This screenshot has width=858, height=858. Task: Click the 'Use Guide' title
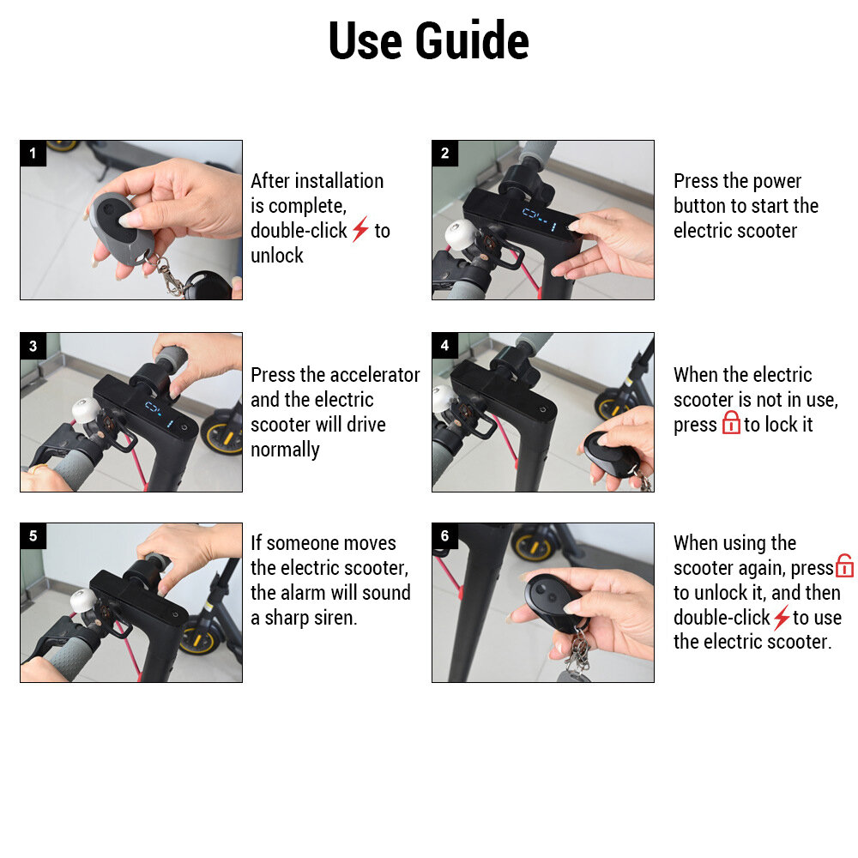pyautogui.click(x=428, y=40)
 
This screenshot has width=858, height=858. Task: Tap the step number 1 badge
pyautogui.click(x=33, y=154)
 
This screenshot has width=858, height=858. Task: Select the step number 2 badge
pyautogui.click(x=444, y=154)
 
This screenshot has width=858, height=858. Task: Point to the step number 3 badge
pyautogui.click(x=33, y=346)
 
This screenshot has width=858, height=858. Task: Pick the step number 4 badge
pyautogui.click(x=444, y=345)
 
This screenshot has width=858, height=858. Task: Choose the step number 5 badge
pyautogui.click(x=33, y=535)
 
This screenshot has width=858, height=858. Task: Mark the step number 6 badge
pyautogui.click(x=444, y=535)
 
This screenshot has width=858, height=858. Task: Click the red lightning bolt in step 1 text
pyautogui.click(x=360, y=229)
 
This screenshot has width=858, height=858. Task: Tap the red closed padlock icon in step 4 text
pyautogui.click(x=731, y=422)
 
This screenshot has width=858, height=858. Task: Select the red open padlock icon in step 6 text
pyautogui.click(x=844, y=565)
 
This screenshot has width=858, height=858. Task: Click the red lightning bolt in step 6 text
pyautogui.click(x=782, y=617)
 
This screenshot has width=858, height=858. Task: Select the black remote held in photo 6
pyautogui.click(x=552, y=602)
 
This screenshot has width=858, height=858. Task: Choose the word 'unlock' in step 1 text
pyautogui.click(x=277, y=256)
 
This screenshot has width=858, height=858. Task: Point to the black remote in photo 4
pyautogui.click(x=610, y=454)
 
